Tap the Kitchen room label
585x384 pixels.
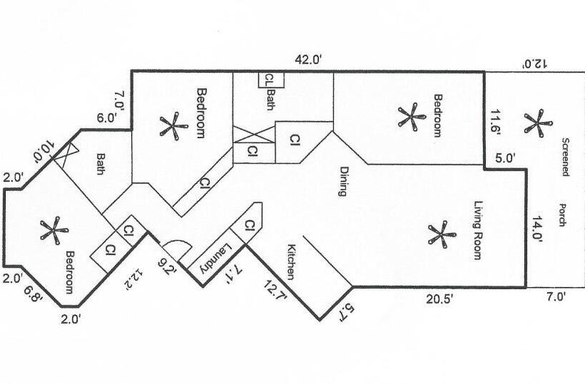click(292, 262)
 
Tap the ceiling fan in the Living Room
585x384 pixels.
click(440, 235)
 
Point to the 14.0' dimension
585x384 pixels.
click(536, 231)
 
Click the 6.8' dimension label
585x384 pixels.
click(33, 292)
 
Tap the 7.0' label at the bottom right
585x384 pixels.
click(555, 299)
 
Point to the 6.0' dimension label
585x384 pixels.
click(107, 119)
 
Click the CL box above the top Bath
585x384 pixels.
click(270, 78)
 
